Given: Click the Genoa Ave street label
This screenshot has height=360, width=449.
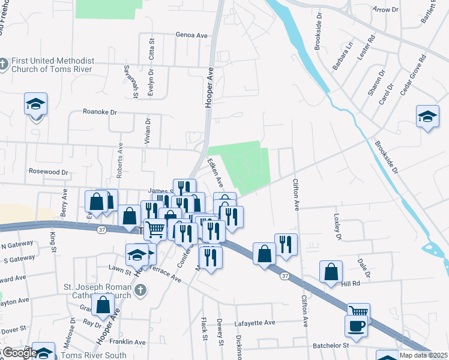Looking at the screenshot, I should coord(191,35).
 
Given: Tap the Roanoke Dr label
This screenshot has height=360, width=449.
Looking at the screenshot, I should coord(100,112).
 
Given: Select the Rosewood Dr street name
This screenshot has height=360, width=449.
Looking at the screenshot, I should coord(49,172).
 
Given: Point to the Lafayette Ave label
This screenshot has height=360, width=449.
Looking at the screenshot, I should coord(255,323).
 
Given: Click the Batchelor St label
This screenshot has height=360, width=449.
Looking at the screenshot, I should coord(330,346).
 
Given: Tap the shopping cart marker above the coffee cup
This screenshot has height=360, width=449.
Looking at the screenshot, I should coord(358,311).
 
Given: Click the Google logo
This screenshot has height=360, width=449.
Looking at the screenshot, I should coord(19,353).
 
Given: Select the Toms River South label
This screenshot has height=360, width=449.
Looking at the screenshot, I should coord(96,355).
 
